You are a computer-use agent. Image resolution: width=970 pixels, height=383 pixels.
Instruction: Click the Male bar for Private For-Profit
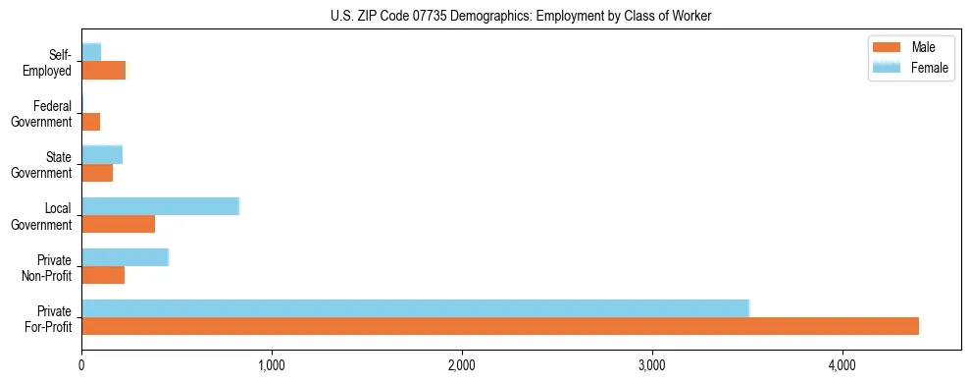click(500, 326)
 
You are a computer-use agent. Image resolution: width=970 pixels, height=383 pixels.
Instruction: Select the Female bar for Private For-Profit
click(415, 307)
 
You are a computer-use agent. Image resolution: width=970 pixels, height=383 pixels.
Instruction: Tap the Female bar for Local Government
click(160, 205)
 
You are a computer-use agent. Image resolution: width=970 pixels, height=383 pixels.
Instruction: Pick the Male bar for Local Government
click(118, 224)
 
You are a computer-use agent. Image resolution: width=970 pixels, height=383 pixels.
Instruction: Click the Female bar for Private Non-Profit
click(125, 257)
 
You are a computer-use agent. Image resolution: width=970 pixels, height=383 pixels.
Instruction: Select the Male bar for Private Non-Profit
click(103, 276)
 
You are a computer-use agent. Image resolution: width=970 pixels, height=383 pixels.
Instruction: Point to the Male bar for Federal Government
click(90, 122)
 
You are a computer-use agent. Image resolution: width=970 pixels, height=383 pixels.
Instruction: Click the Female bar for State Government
click(102, 154)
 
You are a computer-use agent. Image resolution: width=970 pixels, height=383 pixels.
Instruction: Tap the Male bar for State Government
click(97, 173)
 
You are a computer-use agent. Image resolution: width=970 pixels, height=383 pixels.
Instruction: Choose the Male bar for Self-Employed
click(104, 70)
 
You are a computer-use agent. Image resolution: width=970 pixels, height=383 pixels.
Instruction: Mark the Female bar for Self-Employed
click(91, 51)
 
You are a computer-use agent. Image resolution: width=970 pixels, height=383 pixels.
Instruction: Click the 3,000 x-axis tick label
click(652, 365)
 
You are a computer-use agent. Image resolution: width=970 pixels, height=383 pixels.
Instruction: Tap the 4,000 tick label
click(842, 365)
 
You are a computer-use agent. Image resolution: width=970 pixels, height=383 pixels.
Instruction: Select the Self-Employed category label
click(48, 62)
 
